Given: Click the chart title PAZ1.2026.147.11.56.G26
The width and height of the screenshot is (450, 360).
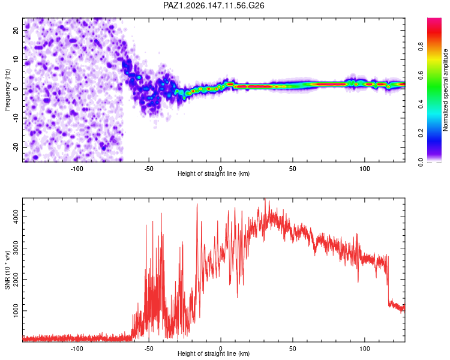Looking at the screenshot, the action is point(214,5).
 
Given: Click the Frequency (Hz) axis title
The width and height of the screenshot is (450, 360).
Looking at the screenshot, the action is point(7,89).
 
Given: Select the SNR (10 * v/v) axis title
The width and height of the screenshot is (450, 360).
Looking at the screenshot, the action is point(7,270).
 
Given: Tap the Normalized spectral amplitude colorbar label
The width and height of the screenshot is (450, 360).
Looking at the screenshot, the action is point(445,90).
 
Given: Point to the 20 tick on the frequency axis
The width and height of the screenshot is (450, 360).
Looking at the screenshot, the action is point(16,30).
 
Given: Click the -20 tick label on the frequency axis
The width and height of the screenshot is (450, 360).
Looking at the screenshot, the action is point(16,148).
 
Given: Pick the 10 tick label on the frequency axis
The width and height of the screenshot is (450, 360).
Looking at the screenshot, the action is point(16,59).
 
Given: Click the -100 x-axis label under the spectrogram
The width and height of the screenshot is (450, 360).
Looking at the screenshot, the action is point(77,169).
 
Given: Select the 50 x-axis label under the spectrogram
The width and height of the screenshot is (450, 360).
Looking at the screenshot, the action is point(292,169).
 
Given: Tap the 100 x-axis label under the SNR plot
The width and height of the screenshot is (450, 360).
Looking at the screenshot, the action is point(364,349).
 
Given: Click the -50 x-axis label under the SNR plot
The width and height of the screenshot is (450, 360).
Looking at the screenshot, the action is point(148,349).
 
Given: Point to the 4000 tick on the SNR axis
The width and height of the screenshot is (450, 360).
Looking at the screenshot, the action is point(16,217).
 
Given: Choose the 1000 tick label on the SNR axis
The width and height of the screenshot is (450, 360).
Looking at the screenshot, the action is point(16,311).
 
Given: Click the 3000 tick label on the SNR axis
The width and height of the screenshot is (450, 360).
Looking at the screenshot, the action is point(16,248).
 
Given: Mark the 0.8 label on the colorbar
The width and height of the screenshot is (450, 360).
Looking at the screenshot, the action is point(421,46).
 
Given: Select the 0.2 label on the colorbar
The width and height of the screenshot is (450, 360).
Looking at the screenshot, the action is point(421,133).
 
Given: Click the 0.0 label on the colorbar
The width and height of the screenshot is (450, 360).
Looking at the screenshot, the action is point(421,162).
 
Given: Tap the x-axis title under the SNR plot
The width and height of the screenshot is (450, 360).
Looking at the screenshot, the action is point(214,353).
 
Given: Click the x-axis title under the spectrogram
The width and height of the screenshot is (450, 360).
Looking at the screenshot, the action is point(214,173).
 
